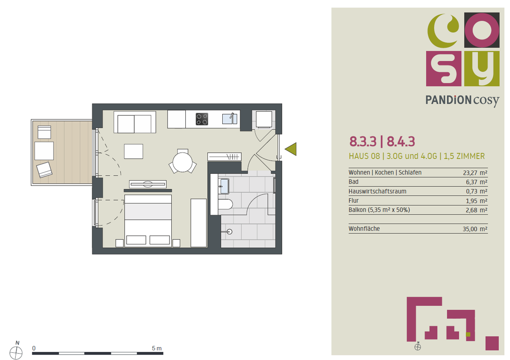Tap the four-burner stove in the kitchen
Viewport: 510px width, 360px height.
click(202, 119)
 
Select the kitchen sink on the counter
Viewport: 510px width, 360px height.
click(229, 118)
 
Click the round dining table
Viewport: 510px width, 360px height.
click(183, 161)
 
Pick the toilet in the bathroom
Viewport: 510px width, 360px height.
click(226, 204)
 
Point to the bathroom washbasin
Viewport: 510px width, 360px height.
click(224, 185)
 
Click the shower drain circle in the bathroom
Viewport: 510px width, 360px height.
click(229, 232)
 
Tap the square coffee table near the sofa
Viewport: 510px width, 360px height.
click(133, 151)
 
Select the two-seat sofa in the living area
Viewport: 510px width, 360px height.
click(134, 123)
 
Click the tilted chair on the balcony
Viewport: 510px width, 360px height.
click(44, 170)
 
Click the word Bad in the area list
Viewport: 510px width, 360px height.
click(353, 182)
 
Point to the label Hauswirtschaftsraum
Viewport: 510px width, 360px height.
click(371, 191)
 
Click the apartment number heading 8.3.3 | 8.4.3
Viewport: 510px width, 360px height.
click(382, 141)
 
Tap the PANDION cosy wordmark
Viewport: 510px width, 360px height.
click(462, 100)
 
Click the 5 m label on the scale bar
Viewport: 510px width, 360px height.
click(157, 348)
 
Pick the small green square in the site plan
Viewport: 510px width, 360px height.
click(468, 334)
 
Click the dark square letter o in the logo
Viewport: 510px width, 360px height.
click(482, 30)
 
